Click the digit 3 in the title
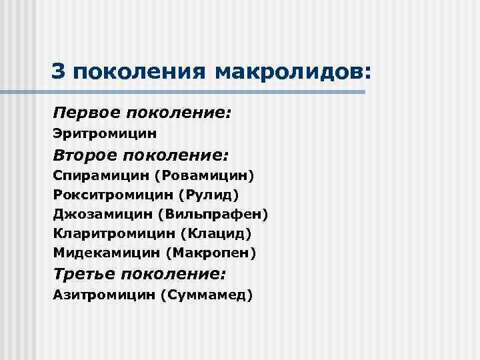pos(59,70)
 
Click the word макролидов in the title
pos(291,71)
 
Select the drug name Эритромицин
pos(105,134)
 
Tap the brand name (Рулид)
pos(208,195)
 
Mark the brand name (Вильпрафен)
pos(213,215)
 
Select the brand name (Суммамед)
pos(207,295)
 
